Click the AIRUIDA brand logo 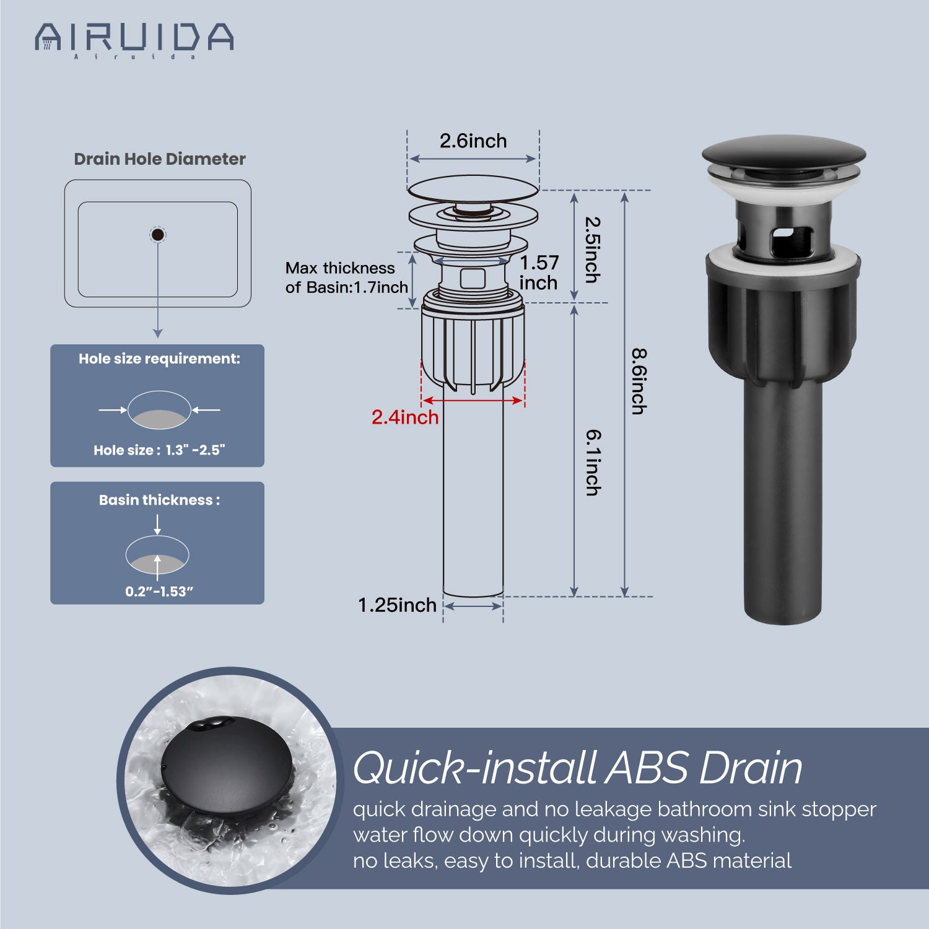[134, 40]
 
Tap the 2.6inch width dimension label [473, 141]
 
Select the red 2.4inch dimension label [405, 417]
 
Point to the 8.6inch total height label [639, 382]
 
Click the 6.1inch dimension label [593, 463]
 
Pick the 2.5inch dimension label [593, 250]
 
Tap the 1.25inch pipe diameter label [397, 605]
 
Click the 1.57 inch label [539, 273]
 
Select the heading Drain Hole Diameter [160, 159]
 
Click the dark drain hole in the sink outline [158, 235]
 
